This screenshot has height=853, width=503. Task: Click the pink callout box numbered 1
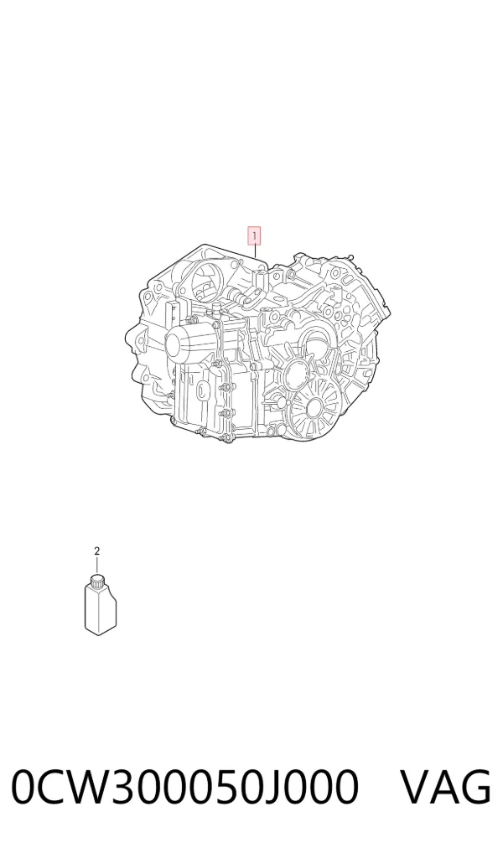[x=254, y=236]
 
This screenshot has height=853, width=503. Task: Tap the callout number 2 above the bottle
[x=97, y=551]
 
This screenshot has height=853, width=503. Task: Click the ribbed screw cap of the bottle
[x=97, y=582]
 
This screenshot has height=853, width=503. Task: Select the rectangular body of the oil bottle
[x=101, y=610]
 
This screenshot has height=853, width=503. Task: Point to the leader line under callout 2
[x=97, y=566]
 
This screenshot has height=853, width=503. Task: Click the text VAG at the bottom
[x=446, y=786]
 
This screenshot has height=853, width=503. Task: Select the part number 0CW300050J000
[x=185, y=786]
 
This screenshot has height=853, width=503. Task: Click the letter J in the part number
[x=277, y=787]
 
